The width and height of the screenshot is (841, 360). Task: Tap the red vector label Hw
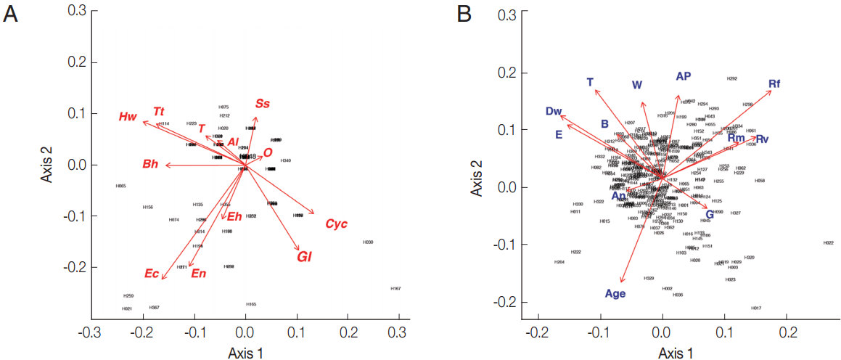point(128,117)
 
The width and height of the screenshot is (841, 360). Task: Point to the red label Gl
point(304,256)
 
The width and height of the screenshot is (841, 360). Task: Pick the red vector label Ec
point(151,274)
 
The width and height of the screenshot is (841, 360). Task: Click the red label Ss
point(262,104)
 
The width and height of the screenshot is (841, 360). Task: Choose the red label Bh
point(150,165)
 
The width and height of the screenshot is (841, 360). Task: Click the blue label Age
point(615,294)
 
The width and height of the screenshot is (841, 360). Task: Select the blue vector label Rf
point(774,85)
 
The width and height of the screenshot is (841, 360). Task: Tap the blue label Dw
point(554,111)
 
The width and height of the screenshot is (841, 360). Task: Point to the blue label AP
point(683,76)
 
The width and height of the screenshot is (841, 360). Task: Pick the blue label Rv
point(762,139)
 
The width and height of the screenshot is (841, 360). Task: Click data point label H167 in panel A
point(395,289)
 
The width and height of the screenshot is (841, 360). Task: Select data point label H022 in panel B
point(828,243)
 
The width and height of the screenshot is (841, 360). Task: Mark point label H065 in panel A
point(120,187)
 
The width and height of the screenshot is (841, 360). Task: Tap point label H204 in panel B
point(559,262)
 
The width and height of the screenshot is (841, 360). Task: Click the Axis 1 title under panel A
point(245,353)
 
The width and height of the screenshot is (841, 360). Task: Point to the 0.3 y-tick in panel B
point(513,15)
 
